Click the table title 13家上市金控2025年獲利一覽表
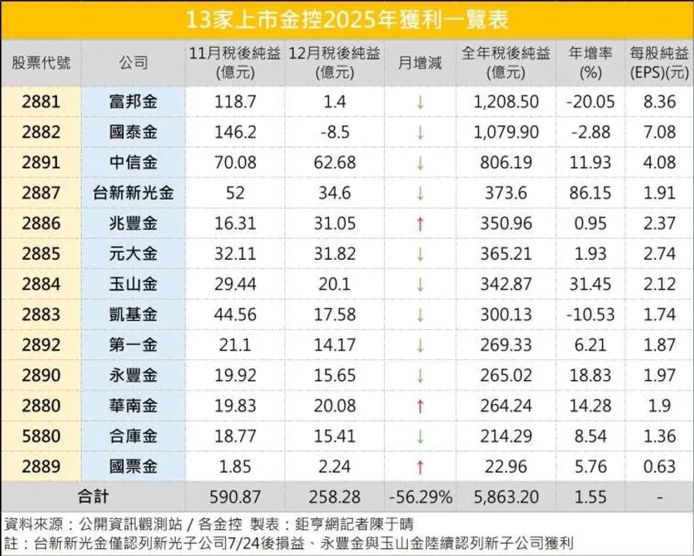347,19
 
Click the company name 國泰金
133,133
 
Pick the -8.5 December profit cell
335,133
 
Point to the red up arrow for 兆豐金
420,224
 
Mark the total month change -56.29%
420,497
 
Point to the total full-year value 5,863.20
506,497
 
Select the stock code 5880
41,436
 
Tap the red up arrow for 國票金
420,467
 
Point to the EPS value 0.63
659,467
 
